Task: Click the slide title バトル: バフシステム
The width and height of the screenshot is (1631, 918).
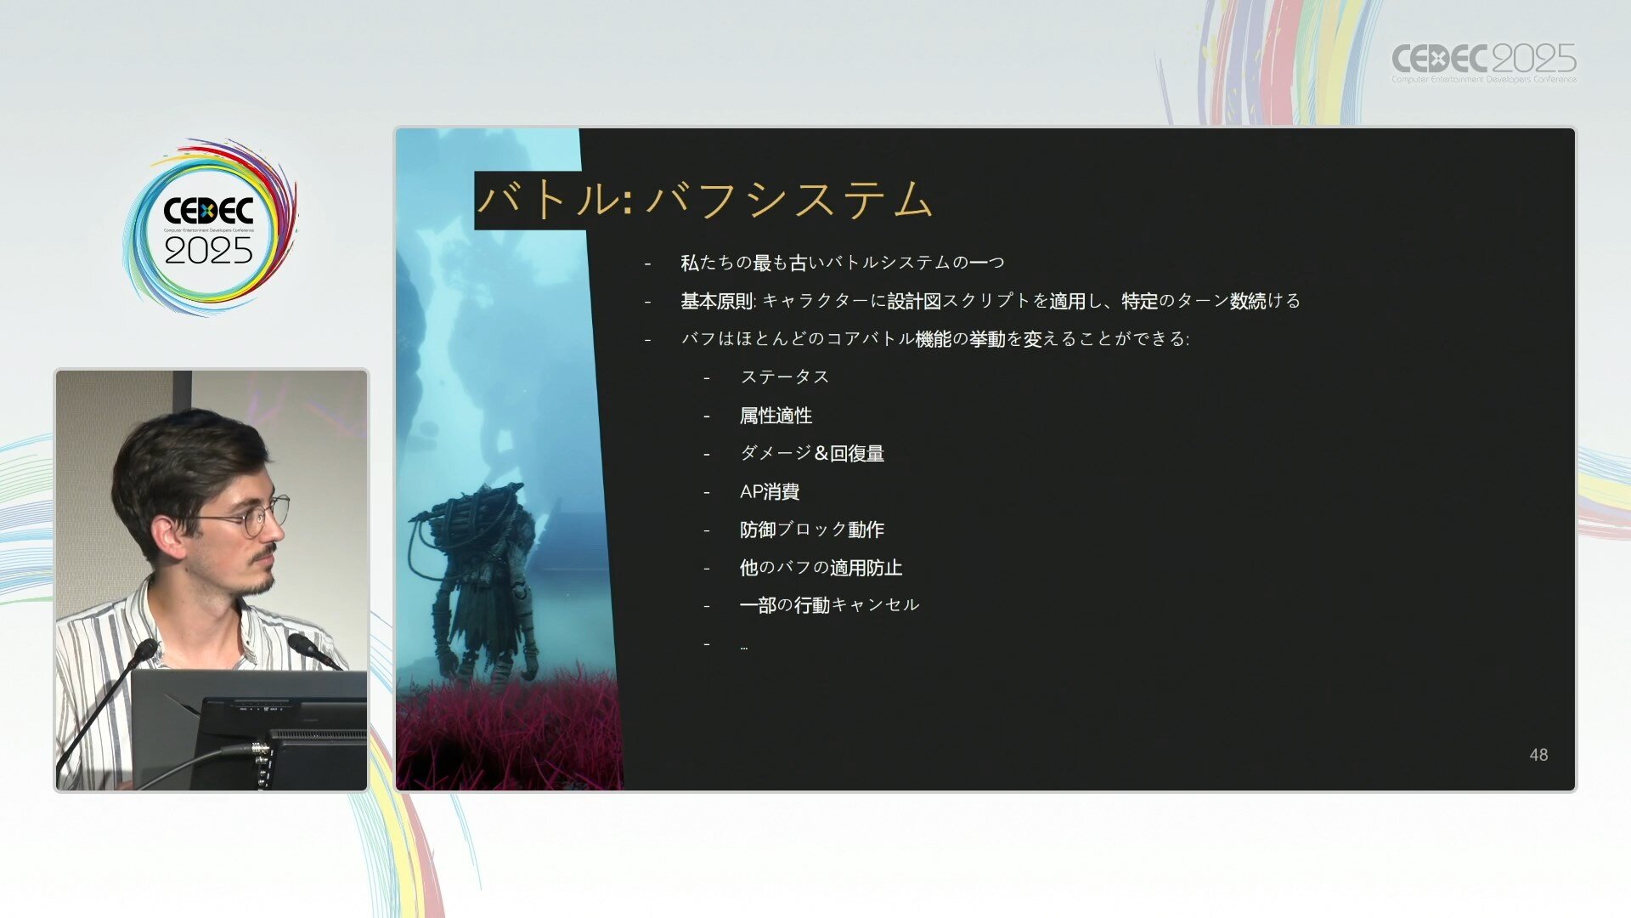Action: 705,201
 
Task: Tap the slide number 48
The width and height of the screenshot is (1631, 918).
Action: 1538,755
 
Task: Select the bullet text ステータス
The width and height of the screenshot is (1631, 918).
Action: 784,377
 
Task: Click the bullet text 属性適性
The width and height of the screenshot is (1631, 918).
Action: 776,416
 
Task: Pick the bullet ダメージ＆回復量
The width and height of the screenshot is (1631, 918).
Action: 812,453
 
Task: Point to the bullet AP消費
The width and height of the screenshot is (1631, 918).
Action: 770,491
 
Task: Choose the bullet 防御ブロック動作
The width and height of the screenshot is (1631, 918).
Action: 812,530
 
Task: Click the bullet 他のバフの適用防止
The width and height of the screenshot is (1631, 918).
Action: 821,567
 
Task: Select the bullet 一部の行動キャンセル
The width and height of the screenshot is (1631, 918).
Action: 829,605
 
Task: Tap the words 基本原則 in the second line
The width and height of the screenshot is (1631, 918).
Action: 717,301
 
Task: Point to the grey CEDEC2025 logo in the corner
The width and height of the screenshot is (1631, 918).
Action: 1483,62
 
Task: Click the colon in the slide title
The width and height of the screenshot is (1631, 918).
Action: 628,201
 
